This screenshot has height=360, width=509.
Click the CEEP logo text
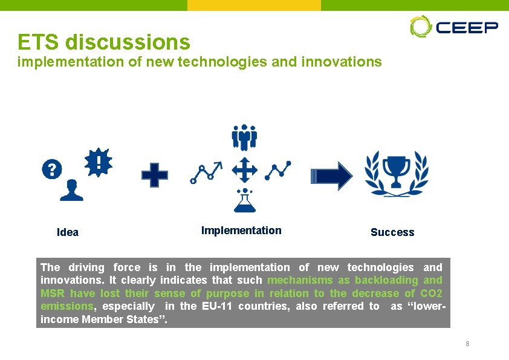[x=467, y=27]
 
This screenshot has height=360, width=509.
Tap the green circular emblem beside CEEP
[x=420, y=27]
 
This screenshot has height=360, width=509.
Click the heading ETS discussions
[x=104, y=42]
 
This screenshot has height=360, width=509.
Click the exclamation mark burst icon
[x=98, y=162]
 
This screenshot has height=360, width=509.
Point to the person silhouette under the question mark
[x=72, y=190]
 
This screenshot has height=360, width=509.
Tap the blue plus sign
[x=155, y=175]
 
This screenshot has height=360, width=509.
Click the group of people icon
[x=244, y=137]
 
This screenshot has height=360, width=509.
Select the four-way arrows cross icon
[x=244, y=171]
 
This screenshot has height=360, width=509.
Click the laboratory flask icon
[x=244, y=201]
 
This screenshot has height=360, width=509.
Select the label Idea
[x=67, y=232]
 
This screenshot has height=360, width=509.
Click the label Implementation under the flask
[x=241, y=231]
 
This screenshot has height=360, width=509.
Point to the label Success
[x=392, y=232]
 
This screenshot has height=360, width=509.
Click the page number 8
[x=467, y=344]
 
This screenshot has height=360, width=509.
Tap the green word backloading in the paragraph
[x=386, y=280]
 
